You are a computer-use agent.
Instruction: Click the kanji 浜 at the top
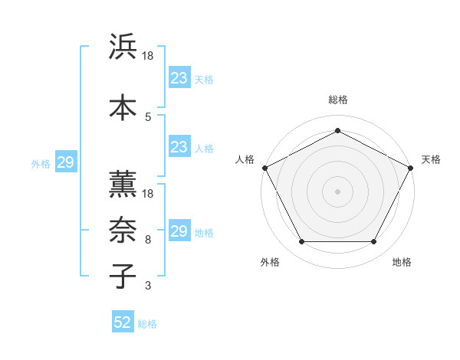coord(123,47)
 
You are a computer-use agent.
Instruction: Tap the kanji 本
coord(123,106)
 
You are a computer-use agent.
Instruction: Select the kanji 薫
coord(123,183)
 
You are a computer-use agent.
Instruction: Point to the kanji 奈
coord(123,229)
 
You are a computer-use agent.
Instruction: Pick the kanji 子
coord(123,275)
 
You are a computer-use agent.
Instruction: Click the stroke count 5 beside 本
coord(148,116)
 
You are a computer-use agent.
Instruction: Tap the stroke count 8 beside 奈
coord(148,240)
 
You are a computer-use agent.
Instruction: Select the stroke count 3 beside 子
coord(148,286)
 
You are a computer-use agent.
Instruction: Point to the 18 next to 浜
coord(148,56)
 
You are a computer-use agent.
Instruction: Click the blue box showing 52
coord(123,322)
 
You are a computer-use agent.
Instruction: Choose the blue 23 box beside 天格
coord(179,78)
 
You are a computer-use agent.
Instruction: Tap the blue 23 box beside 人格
coord(179,147)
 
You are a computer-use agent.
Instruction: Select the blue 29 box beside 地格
coord(179,231)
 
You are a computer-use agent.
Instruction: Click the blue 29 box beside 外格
coord(65,162)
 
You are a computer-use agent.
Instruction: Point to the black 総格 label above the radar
coord(338,100)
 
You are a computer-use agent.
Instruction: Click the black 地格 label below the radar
coord(402,262)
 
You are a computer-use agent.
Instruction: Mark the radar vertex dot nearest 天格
coord(412,167)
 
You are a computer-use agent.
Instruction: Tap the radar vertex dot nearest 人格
coord(264,167)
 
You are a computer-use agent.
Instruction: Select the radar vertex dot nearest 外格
coord(301,242)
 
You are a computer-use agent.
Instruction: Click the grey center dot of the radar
coord(338,191)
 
